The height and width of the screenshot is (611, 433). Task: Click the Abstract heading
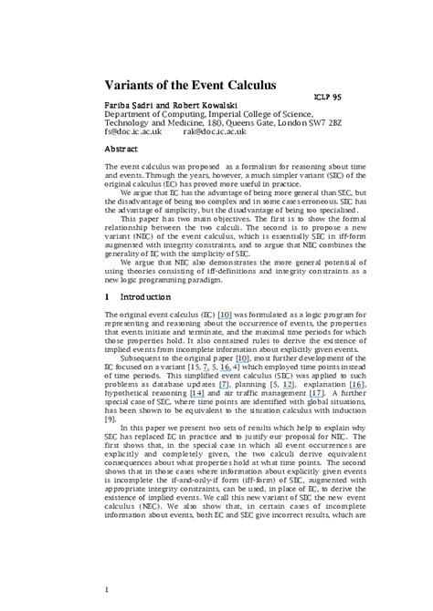pos(121,148)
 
